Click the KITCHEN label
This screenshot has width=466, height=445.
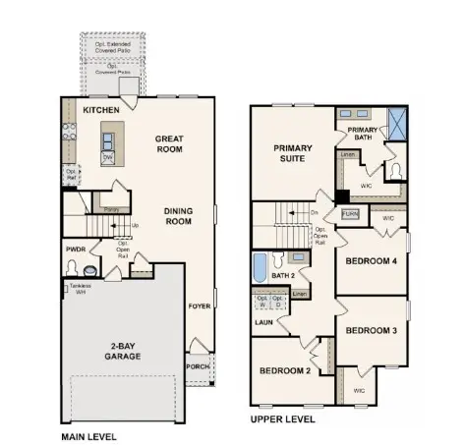102,110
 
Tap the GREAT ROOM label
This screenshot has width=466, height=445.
171,145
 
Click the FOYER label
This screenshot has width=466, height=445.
200,306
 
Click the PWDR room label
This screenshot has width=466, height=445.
77,250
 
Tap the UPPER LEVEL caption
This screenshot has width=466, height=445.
282,418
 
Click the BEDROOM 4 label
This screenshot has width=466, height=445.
372,260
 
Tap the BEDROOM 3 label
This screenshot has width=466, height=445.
372,330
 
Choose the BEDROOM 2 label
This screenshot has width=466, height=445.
285,371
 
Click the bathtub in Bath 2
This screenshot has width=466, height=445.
260,266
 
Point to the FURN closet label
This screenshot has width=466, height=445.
350,213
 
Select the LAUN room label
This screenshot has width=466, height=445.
263,320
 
